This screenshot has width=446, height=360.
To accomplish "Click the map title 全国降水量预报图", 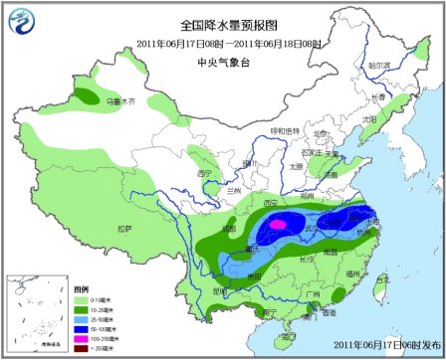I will coord(222,24).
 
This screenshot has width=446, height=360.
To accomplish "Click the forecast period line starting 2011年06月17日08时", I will coord(222,43).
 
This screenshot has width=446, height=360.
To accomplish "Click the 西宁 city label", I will coord(205,172).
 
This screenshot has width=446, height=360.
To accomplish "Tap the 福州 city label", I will coord(367,272).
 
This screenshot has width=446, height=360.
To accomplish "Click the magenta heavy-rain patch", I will coord(280,225).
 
